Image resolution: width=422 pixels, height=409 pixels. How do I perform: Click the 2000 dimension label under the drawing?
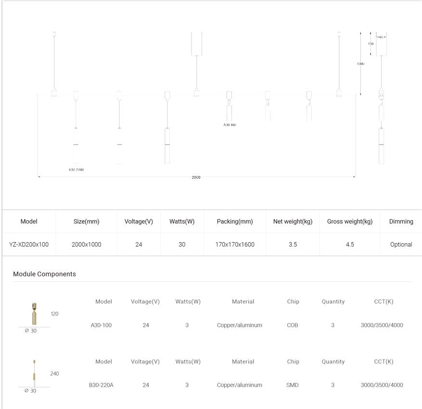(196, 177)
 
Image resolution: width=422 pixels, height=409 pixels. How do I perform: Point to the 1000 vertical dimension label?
(360, 63)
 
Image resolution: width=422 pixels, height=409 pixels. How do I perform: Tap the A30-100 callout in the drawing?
(230, 125)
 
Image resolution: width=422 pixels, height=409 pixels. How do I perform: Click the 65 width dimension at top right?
(381, 37)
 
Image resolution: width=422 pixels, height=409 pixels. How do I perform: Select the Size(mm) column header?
(87, 222)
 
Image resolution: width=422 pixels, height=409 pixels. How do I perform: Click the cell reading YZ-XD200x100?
(29, 244)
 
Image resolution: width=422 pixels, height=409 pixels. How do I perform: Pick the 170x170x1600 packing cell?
(235, 244)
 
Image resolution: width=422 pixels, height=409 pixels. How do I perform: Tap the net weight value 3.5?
(293, 244)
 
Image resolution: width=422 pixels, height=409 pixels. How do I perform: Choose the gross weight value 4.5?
(350, 244)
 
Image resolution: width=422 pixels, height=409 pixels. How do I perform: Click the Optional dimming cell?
(401, 244)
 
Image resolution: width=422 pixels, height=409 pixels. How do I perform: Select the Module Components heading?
(44, 274)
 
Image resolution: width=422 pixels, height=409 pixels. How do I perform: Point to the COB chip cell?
(293, 325)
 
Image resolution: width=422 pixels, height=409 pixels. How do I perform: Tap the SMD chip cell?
(293, 385)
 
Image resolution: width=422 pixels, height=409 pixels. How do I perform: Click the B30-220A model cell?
(101, 385)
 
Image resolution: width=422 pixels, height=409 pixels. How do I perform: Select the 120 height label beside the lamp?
(54, 314)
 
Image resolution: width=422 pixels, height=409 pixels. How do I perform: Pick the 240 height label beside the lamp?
(54, 373)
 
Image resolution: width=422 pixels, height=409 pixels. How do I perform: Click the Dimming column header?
(401, 222)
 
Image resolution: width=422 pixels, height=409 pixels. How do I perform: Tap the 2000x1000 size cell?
(87, 244)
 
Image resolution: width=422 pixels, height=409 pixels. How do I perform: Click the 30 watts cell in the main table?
(182, 244)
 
